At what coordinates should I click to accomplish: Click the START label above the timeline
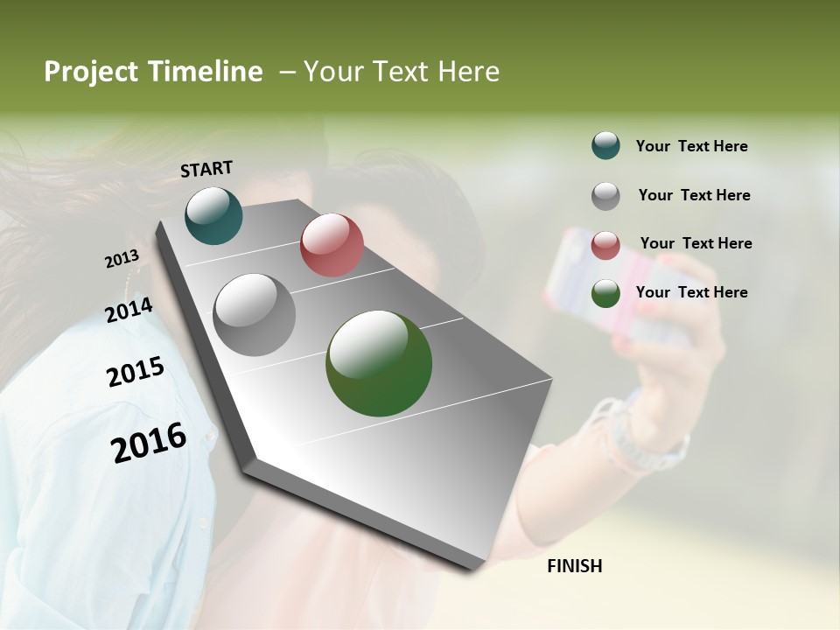point(206,169)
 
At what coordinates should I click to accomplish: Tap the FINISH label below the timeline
point(574,566)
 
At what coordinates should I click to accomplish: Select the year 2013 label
point(122,259)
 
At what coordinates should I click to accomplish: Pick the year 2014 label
point(129,310)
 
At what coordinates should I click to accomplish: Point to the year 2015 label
point(136,372)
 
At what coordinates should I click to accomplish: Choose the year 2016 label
point(149,442)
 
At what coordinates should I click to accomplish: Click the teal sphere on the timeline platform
point(213,215)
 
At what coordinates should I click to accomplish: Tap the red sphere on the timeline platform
point(332,244)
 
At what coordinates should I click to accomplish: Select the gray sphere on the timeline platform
point(255,314)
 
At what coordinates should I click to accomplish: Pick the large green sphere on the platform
point(379,363)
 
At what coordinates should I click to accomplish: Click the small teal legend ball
point(605,145)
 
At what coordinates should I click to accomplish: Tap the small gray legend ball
point(605,195)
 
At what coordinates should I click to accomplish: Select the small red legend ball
point(605,244)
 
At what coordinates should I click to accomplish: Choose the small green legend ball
point(605,293)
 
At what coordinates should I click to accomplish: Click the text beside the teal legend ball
point(691,146)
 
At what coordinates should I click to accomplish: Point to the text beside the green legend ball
point(691,292)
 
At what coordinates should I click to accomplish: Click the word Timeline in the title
point(206,72)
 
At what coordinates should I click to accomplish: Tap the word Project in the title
point(92,73)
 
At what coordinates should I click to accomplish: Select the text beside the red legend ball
point(696,243)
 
